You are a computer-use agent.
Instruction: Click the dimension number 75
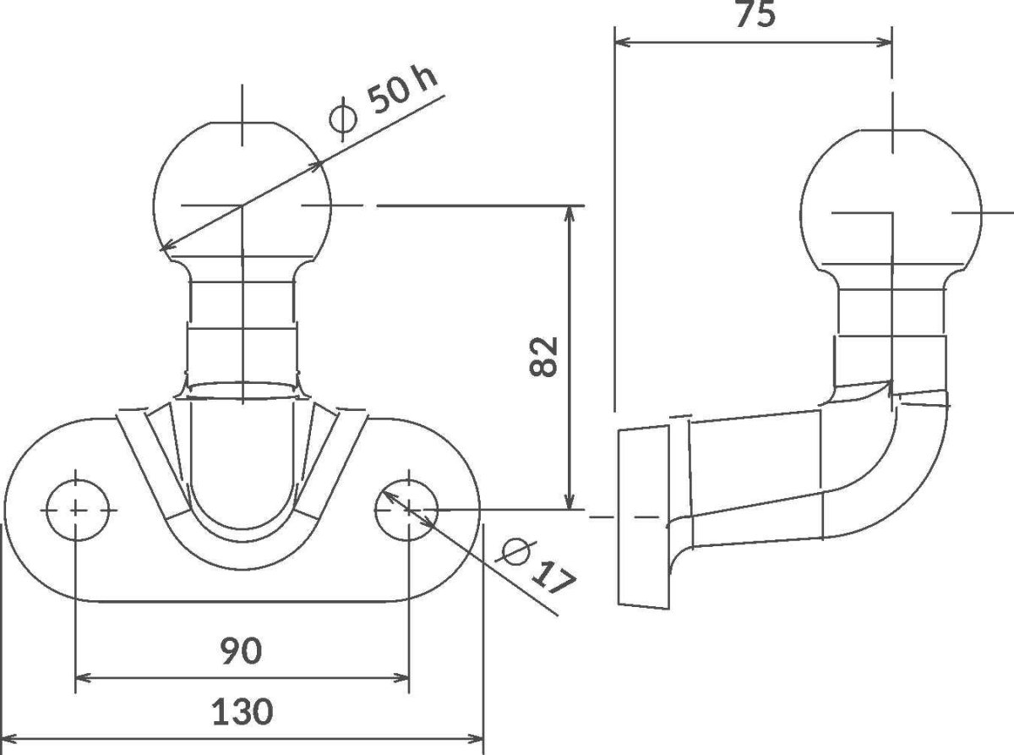(x=755, y=14)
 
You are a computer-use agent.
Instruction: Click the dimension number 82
(x=543, y=357)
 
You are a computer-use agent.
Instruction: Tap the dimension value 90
(x=241, y=651)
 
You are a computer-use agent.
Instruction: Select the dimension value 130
(x=243, y=712)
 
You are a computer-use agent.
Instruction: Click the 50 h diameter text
(x=403, y=91)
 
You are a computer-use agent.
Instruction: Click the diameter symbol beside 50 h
(x=343, y=119)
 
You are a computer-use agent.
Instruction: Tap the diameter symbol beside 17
(x=515, y=552)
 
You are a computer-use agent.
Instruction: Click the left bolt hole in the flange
(x=78, y=510)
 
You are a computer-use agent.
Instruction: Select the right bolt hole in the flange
(x=406, y=510)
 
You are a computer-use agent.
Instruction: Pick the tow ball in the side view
(x=891, y=201)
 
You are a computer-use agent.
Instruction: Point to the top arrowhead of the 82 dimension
(x=570, y=214)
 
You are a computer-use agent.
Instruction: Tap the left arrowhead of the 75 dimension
(x=623, y=42)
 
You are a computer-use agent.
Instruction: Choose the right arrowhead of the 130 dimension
(x=475, y=739)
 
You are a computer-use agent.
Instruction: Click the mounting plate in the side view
(x=644, y=517)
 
